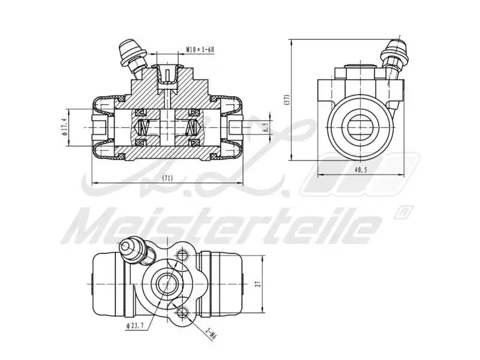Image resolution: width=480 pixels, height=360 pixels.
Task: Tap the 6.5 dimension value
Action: coord(266,127)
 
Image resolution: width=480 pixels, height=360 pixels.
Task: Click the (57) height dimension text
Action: coord(287,99)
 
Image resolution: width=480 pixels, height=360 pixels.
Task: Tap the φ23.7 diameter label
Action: coord(136,326)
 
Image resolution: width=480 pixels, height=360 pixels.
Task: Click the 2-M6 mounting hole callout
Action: coord(211,334)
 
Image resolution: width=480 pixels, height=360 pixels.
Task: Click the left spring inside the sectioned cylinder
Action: coord(144,127)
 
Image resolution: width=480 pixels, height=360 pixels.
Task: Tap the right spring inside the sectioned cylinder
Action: coord(192,127)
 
